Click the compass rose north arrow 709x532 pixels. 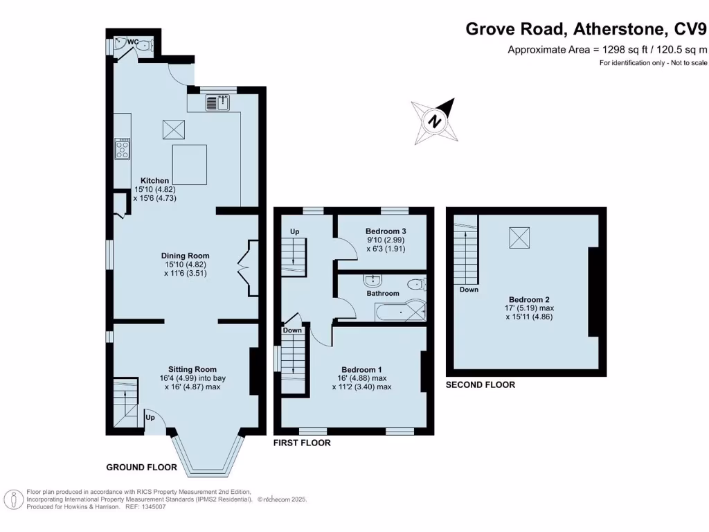436,121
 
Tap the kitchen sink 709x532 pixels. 217,103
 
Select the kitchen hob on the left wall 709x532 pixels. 123,149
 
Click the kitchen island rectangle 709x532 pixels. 190,164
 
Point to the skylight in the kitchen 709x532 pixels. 173,129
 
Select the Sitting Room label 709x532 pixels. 192,369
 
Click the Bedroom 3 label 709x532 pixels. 386,231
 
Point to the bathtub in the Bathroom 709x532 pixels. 398,312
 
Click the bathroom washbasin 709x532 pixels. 373,280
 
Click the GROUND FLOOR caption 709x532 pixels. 141,468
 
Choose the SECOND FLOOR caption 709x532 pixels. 481,384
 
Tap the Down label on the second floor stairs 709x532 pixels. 469,290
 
